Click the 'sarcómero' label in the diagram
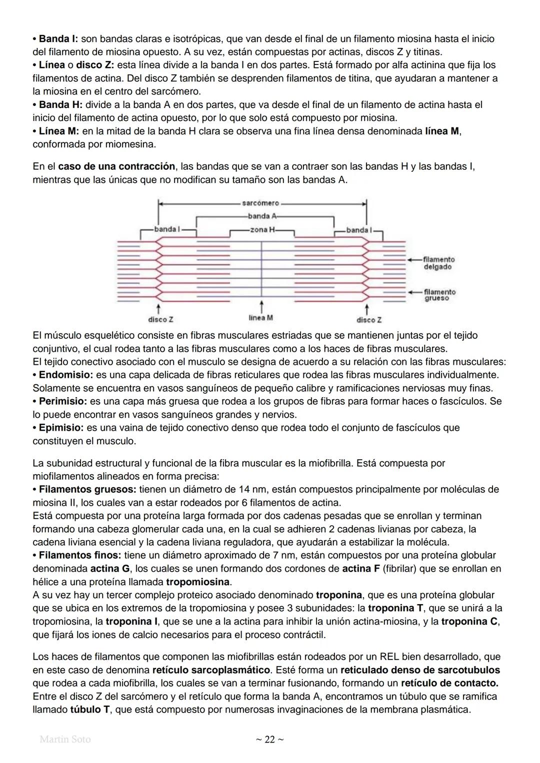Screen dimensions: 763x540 [x=260, y=203]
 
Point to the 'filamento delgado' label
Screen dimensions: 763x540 [x=438, y=263]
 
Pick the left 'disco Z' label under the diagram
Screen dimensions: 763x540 [x=160, y=319]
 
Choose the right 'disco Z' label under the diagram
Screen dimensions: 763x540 [x=369, y=320]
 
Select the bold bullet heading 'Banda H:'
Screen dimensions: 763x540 [x=60, y=105]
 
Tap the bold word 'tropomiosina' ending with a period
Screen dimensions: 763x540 [x=198, y=582]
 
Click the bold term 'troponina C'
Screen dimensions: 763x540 [x=470, y=622]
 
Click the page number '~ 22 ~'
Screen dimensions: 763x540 [x=269, y=740]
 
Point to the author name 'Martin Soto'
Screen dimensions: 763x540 [x=65, y=739]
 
